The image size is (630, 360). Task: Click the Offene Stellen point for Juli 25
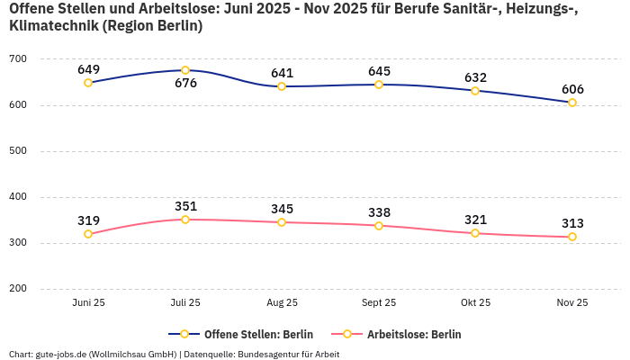tap(185, 70)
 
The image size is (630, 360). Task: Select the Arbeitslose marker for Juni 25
tap(88, 234)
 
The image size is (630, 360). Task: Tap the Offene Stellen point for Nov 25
tap(572, 103)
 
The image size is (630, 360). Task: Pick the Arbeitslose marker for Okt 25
tap(475, 233)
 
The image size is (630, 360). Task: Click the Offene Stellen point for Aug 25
tap(282, 86)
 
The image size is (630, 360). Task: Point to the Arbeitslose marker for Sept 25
tap(379, 226)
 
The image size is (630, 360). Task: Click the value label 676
tap(185, 84)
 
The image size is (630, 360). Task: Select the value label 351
tap(185, 206)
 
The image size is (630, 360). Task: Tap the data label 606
tap(572, 89)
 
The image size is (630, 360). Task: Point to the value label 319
tap(88, 220)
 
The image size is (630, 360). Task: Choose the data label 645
tap(379, 71)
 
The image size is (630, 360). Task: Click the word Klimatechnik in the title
tap(52, 26)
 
